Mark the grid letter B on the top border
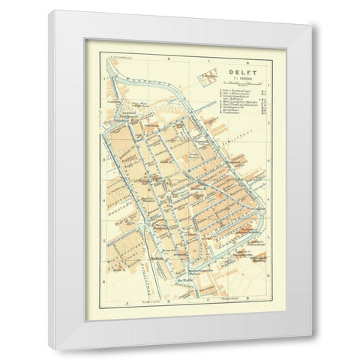click(169, 55)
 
